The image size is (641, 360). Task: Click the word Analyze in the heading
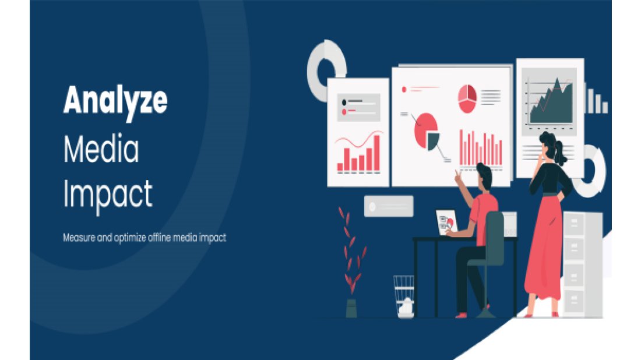pyautogui.click(x=115, y=101)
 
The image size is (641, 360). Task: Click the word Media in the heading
pyautogui.click(x=101, y=149)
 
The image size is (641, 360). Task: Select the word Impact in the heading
pyautogui.click(x=108, y=196)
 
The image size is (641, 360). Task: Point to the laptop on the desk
pyautogui.click(x=447, y=223)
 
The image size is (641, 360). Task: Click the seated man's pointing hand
pyautogui.click(x=458, y=177)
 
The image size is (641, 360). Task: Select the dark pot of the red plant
pyautogui.click(x=351, y=308)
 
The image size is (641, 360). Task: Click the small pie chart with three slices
pyautogui.click(x=467, y=99)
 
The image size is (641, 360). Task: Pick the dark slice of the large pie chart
pyautogui.click(x=432, y=140)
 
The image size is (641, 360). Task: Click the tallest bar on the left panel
pyautogui.click(x=376, y=153)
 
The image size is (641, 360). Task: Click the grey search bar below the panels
pyautogui.click(x=389, y=206)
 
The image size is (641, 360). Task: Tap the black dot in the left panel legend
pyautogui.click(x=344, y=102)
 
